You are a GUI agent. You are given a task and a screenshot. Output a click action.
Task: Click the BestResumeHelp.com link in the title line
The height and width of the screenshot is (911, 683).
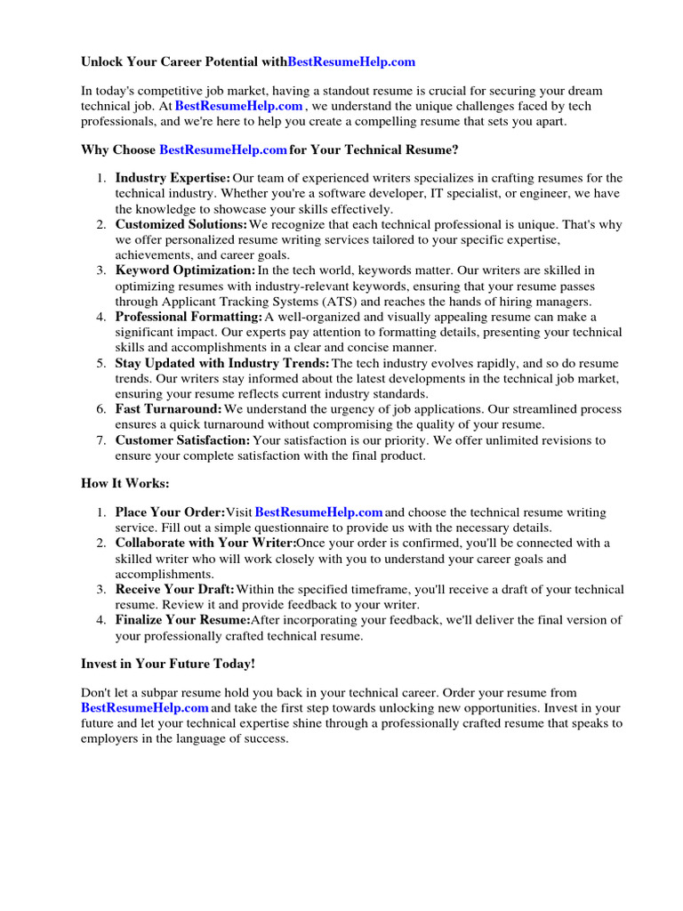pos(352,62)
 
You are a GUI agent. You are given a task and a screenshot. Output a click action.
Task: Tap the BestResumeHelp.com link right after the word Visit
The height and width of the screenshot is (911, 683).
pos(319,512)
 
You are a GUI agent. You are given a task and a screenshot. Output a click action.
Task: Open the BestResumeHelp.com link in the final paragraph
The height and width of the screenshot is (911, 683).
pos(145,707)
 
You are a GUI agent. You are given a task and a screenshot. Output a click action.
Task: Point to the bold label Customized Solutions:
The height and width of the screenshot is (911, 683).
pos(181,224)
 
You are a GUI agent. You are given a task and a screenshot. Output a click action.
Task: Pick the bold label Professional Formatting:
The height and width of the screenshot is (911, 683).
pos(189,317)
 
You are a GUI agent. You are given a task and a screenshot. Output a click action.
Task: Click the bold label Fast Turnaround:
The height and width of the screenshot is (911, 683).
pos(169,409)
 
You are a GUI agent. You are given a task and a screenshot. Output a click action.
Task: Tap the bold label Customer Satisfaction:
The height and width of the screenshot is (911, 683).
pos(183,440)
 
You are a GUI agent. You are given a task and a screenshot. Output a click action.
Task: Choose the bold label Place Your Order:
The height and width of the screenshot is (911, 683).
pos(170,512)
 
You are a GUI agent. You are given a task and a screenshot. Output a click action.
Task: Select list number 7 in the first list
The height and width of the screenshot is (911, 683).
pos(101,440)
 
